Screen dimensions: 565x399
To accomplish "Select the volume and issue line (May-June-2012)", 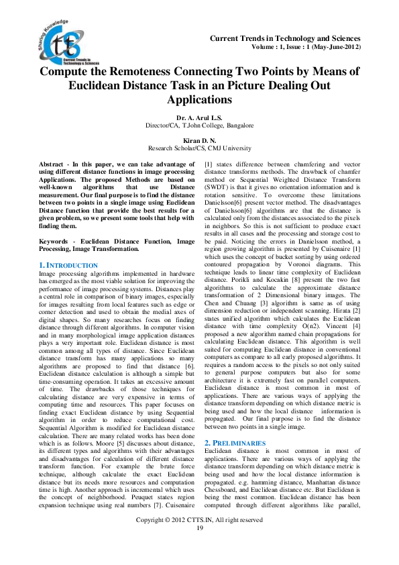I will pos(306,48).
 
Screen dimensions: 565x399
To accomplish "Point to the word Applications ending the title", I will pos(199,100).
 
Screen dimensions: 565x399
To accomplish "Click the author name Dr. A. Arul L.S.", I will pos(199,117).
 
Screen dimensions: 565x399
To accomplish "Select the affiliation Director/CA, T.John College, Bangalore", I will pos(199,125).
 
